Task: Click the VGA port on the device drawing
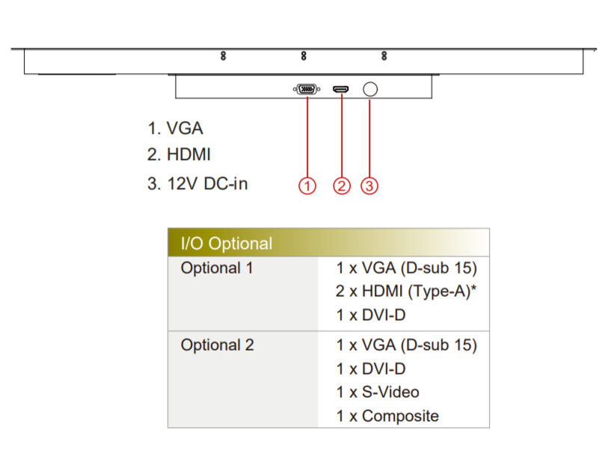pos(307,90)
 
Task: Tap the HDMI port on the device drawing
pos(341,90)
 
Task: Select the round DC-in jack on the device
pos(369,90)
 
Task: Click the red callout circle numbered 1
pos(307,185)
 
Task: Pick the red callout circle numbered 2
pos(341,185)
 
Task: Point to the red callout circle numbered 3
pos(369,185)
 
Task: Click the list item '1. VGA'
pos(175,128)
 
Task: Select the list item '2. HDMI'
pos(179,155)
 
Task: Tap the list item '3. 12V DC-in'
pos(197,183)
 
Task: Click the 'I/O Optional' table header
pos(227,244)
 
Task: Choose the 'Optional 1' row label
pos(217,268)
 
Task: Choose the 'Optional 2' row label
pos(217,345)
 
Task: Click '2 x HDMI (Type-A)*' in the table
pos(407,292)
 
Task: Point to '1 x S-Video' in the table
pos(378,392)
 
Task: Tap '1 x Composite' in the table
pos(387,416)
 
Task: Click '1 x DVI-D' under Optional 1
pos(371,315)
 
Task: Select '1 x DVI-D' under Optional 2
pos(371,369)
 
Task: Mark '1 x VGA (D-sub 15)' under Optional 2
pos(407,345)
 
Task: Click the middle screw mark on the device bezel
pos(304,56)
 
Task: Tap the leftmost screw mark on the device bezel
pos(224,56)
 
